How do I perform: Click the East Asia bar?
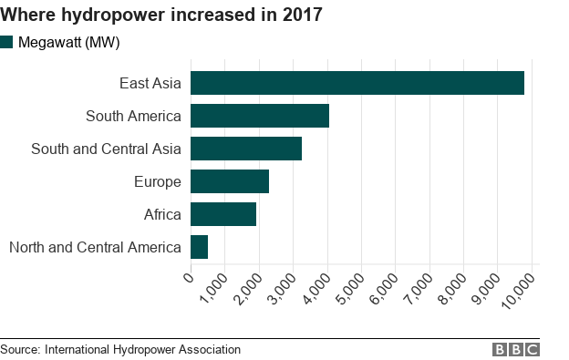click(357, 83)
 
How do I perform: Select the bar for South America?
click(260, 116)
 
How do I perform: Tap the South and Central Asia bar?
click(246, 149)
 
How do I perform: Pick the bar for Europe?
click(230, 181)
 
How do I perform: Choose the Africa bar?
click(223, 214)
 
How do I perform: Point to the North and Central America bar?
click(200, 247)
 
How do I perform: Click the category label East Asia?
click(150, 84)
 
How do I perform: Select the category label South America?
click(133, 116)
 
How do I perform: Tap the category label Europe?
click(157, 181)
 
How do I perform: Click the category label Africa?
click(162, 214)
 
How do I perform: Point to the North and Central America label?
click(95, 247)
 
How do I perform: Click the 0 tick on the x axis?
click(189, 276)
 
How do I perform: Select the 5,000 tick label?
click(349, 290)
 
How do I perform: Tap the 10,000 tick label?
click(517, 292)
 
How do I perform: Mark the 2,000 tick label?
click(247, 290)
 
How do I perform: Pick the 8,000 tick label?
click(451, 290)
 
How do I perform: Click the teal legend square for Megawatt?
click(7, 42)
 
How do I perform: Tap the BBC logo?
click(516, 350)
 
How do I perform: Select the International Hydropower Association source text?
click(142, 349)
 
